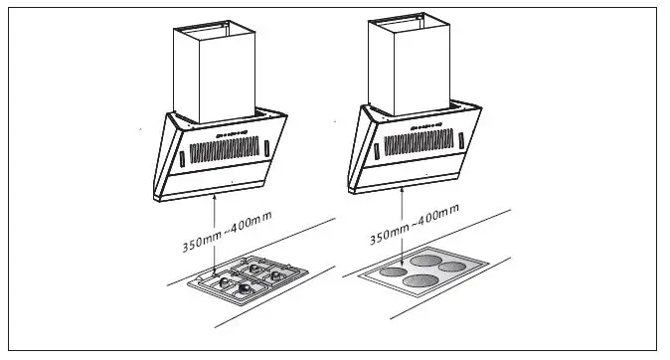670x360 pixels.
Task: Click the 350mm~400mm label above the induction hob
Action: click(415, 226)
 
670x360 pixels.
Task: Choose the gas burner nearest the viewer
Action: click(242, 289)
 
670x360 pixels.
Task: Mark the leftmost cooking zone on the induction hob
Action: click(395, 268)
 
